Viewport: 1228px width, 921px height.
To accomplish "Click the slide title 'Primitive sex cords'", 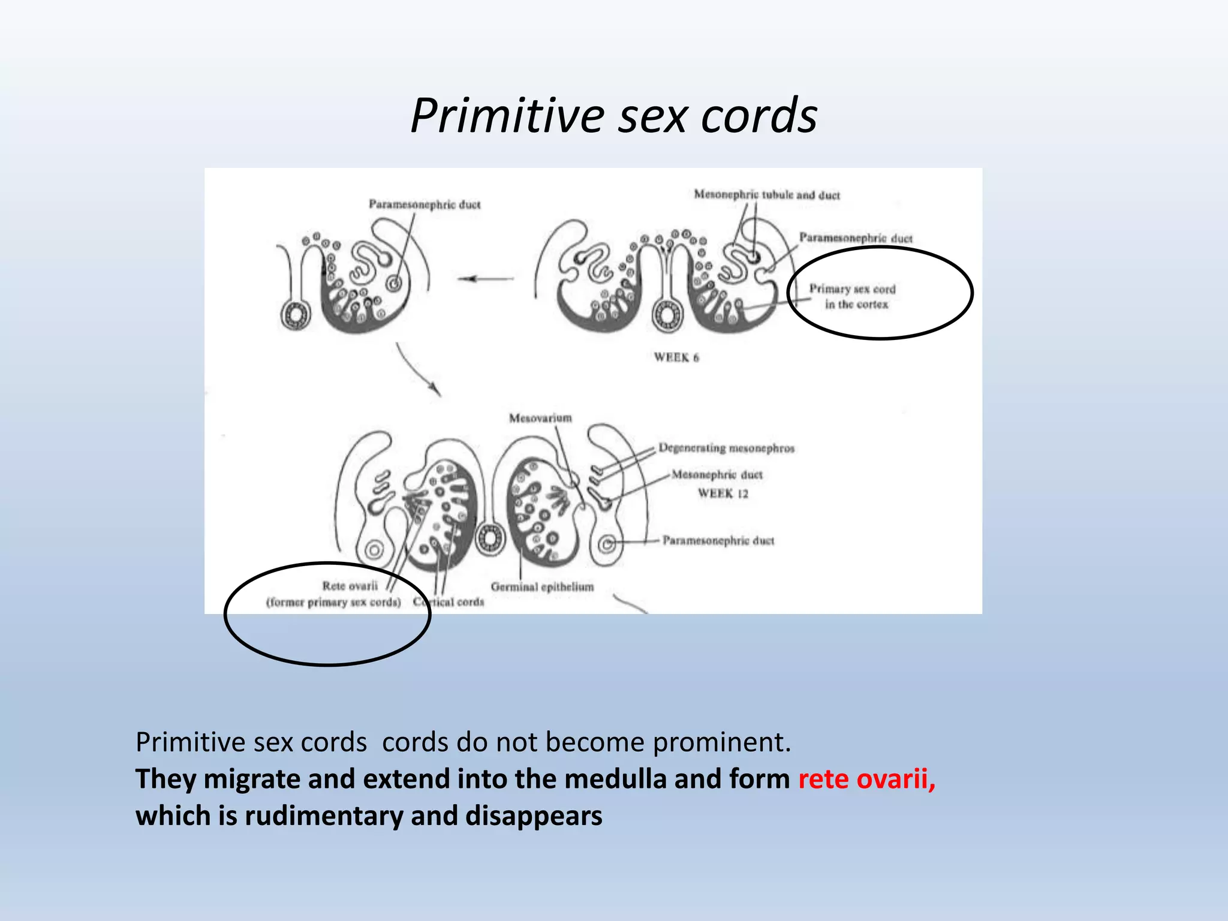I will coord(613,115).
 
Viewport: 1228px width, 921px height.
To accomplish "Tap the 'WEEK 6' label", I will coord(676,357).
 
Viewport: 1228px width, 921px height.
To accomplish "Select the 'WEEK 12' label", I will coord(723,493).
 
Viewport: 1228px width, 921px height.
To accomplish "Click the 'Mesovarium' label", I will coord(540,418).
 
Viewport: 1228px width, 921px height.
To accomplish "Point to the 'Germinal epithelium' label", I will coord(542,587).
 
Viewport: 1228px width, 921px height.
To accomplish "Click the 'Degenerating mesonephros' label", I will coord(726,448).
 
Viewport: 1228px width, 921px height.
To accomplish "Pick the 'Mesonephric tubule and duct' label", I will coord(767,195).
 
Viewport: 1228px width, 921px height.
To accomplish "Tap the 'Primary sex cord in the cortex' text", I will coord(852,296).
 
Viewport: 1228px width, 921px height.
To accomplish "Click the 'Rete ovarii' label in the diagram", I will coord(350,586).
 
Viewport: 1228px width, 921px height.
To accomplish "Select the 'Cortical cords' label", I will coord(449,601).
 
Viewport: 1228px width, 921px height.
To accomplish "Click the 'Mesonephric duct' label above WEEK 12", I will coord(717,475).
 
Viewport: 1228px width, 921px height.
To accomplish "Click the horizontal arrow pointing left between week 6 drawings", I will coord(486,279).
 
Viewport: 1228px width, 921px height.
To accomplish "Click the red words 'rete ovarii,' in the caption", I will coord(866,779).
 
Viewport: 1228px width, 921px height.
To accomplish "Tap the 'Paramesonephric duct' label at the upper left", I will coord(425,204).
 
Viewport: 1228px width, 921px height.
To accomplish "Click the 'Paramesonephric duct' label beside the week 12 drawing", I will coord(718,541).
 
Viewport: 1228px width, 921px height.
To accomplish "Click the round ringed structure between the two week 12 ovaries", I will coord(490,538).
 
